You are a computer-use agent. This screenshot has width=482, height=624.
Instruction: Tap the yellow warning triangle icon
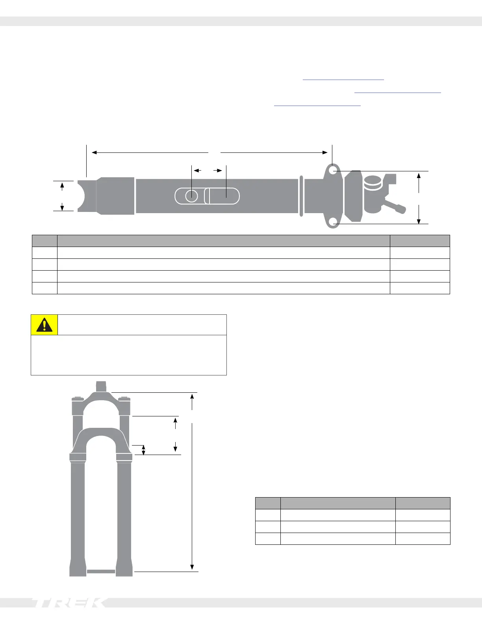coord(44,325)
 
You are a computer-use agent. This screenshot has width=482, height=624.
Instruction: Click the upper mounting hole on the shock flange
coord(333,171)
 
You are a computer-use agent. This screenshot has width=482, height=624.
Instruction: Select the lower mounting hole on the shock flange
coord(333,222)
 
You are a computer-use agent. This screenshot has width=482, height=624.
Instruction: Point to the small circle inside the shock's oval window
coord(191,196)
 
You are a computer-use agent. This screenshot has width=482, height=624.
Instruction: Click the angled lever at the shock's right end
coord(395,206)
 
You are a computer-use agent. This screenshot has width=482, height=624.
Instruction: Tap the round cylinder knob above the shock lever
coord(373,182)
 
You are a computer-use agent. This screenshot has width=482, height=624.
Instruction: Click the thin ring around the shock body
coord(301,196)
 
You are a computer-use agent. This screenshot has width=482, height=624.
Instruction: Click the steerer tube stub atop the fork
coord(101,386)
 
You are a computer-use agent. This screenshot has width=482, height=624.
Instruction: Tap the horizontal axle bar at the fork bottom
coord(101,571)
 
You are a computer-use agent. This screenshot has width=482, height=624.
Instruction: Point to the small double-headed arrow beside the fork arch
coord(143,450)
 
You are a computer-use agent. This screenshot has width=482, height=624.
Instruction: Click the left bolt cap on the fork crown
coord(78,398)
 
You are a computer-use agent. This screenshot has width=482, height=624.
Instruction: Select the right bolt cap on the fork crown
coord(124,398)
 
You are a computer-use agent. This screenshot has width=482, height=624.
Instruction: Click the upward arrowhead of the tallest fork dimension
coord(192,397)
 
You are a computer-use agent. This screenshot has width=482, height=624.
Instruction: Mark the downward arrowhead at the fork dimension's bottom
coord(192,567)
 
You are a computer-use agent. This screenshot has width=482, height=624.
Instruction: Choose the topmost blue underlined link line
coord(343,80)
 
